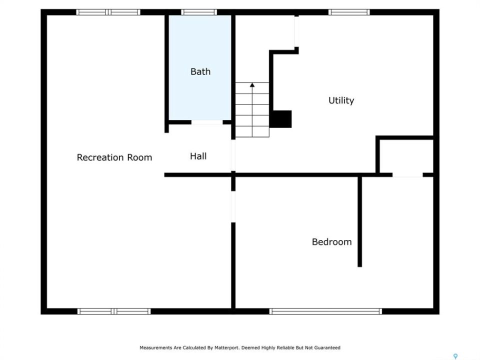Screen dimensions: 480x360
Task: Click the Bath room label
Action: coord(200,71)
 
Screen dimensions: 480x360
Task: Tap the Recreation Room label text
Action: coord(114,157)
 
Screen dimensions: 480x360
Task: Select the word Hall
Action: coord(198,156)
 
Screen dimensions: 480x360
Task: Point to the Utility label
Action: coord(341,100)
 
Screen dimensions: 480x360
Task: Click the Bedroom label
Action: coord(332,242)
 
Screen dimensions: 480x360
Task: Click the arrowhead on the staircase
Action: coord(252,85)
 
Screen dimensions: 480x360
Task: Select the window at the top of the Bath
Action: coord(199,12)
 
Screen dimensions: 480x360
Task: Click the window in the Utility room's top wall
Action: coord(349,12)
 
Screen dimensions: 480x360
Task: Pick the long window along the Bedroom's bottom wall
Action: coord(325,311)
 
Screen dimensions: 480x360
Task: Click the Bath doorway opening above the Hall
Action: coord(207,122)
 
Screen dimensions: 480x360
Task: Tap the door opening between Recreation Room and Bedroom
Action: coord(233,206)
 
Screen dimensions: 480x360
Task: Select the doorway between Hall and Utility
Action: coord(233,155)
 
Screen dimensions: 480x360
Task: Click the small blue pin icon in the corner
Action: coord(455,356)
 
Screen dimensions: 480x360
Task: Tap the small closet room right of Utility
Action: coord(406,156)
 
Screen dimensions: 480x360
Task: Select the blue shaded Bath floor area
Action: coord(200,67)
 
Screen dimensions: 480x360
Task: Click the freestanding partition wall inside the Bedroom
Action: coord(359,221)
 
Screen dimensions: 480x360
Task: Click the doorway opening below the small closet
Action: coord(407,175)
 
